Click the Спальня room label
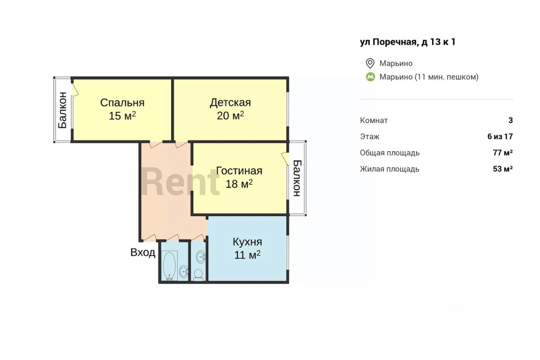(122, 103)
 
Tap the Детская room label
(230, 103)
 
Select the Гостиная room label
(239, 171)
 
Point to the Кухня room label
(247, 242)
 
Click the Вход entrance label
(143, 252)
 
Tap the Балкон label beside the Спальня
(62, 110)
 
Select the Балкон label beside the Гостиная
(297, 178)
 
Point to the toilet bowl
(198, 275)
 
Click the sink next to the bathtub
(184, 272)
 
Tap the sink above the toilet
(200, 257)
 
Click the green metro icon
(370, 77)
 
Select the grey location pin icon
(370, 63)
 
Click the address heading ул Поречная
(408, 42)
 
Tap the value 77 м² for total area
(502, 153)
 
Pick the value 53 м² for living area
(502, 169)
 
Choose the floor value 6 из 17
(500, 136)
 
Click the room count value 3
(510, 120)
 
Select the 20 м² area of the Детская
(230, 116)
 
